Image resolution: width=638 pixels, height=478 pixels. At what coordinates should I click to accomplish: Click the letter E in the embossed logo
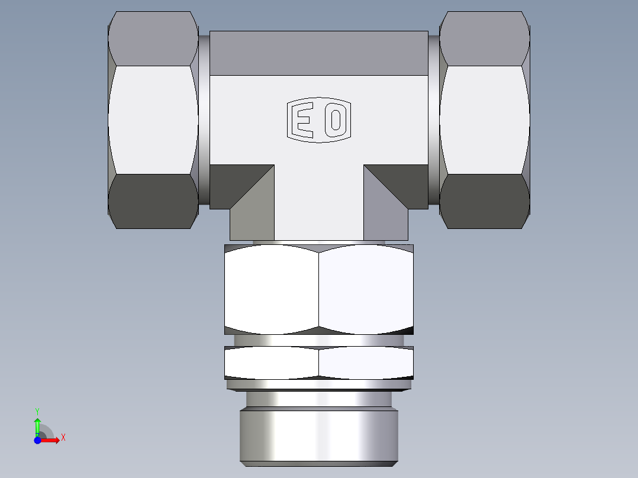pos(304,120)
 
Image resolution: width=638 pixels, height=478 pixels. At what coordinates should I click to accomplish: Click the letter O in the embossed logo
pos(336,120)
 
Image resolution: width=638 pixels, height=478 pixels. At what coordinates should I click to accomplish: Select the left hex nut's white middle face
pos(153,119)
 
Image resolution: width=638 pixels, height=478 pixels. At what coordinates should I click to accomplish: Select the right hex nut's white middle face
pos(485,119)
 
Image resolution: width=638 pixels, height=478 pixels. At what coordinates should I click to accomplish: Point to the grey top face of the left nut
pos(153,38)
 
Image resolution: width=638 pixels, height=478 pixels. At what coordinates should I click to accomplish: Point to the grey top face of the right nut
pos(485,38)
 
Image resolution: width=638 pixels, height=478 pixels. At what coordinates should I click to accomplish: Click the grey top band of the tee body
pos(319,53)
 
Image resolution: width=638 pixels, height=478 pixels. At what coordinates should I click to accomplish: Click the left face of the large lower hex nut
pos(272,290)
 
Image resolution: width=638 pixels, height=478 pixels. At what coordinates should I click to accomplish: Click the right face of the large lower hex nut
pos(366,290)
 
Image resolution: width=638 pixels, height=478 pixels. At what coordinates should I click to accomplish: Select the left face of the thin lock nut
pos(272,362)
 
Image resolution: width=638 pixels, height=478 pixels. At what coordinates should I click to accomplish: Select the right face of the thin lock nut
pos(366,362)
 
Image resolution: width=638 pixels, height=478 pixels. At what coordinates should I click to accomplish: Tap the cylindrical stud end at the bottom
pos(319,437)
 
